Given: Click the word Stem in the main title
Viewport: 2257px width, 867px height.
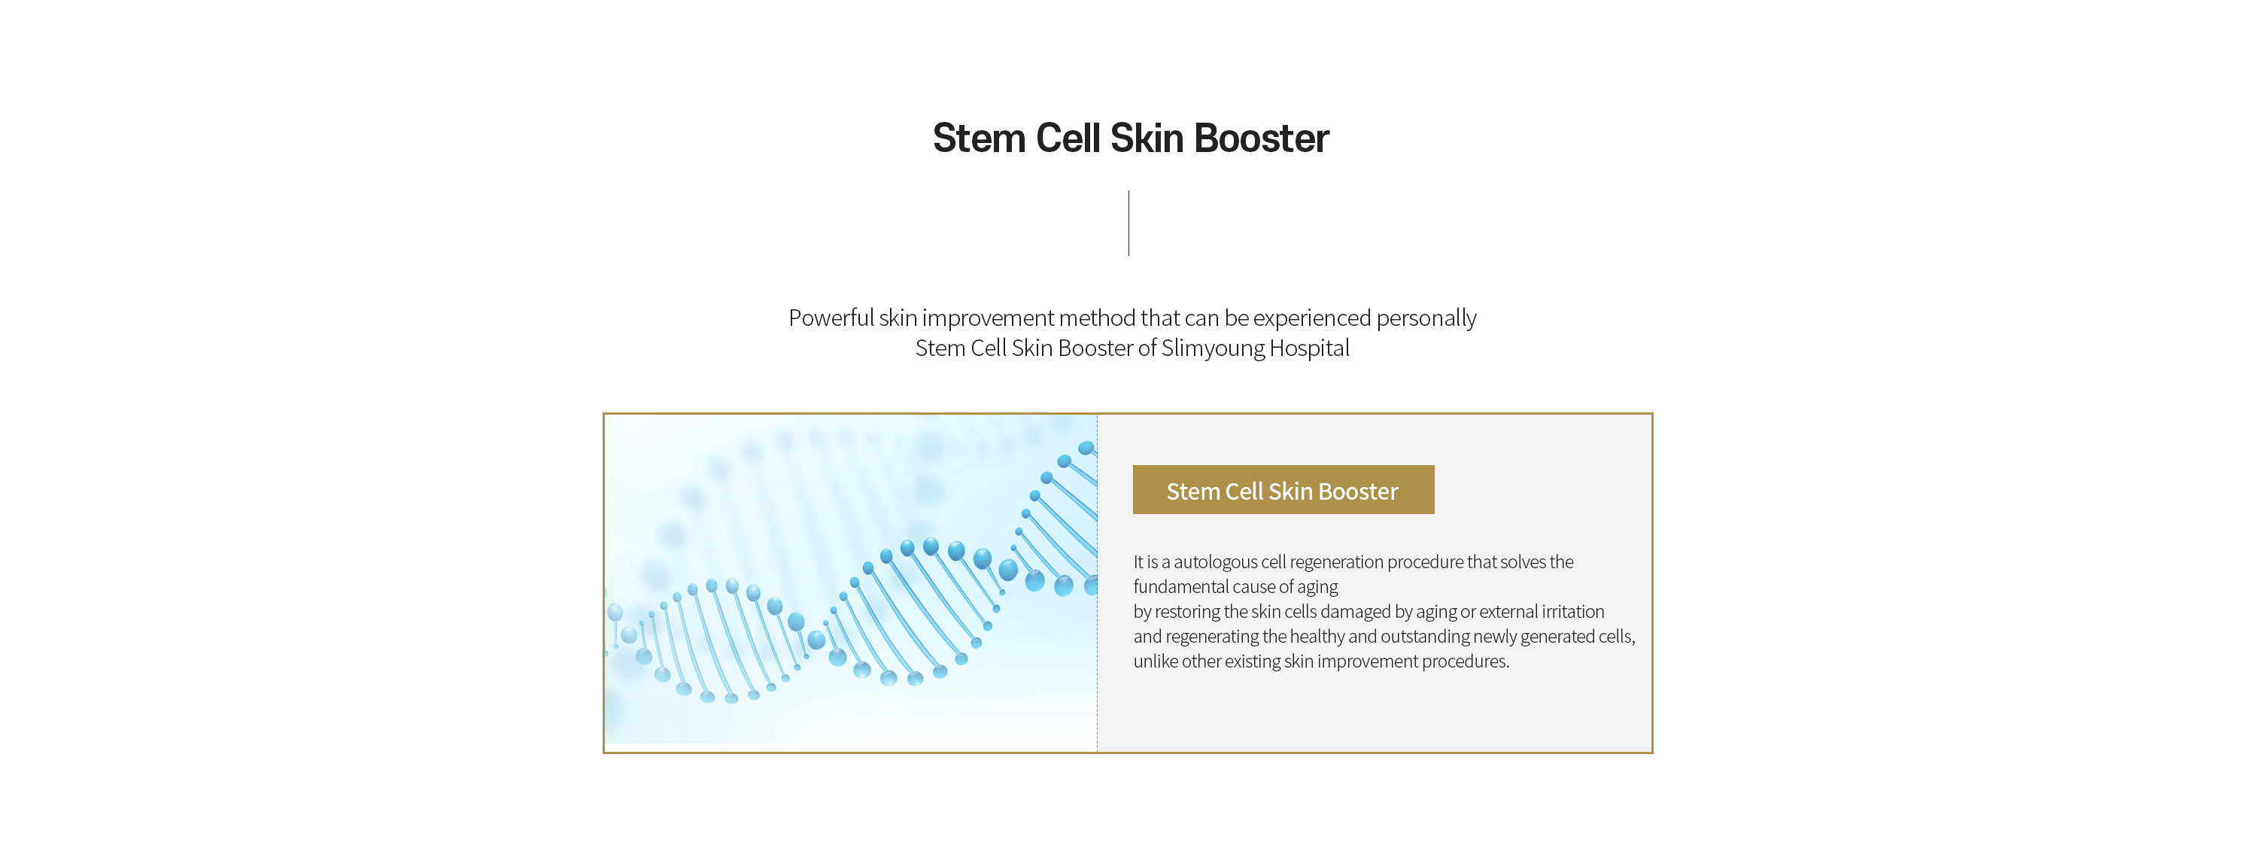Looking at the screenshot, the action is [x=979, y=138].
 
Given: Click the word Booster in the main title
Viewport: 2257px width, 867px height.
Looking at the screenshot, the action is [x=1262, y=138].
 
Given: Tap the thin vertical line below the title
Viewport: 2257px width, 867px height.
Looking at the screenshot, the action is [x=1128, y=223].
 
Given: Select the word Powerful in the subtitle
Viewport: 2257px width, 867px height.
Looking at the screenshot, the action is [x=831, y=318].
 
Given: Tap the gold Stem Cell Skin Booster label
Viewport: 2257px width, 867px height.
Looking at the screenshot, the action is [x=1283, y=489].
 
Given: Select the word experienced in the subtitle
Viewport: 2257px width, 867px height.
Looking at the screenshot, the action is [x=1311, y=318].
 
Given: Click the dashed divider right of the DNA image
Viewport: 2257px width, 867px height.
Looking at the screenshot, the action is [x=1097, y=583].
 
